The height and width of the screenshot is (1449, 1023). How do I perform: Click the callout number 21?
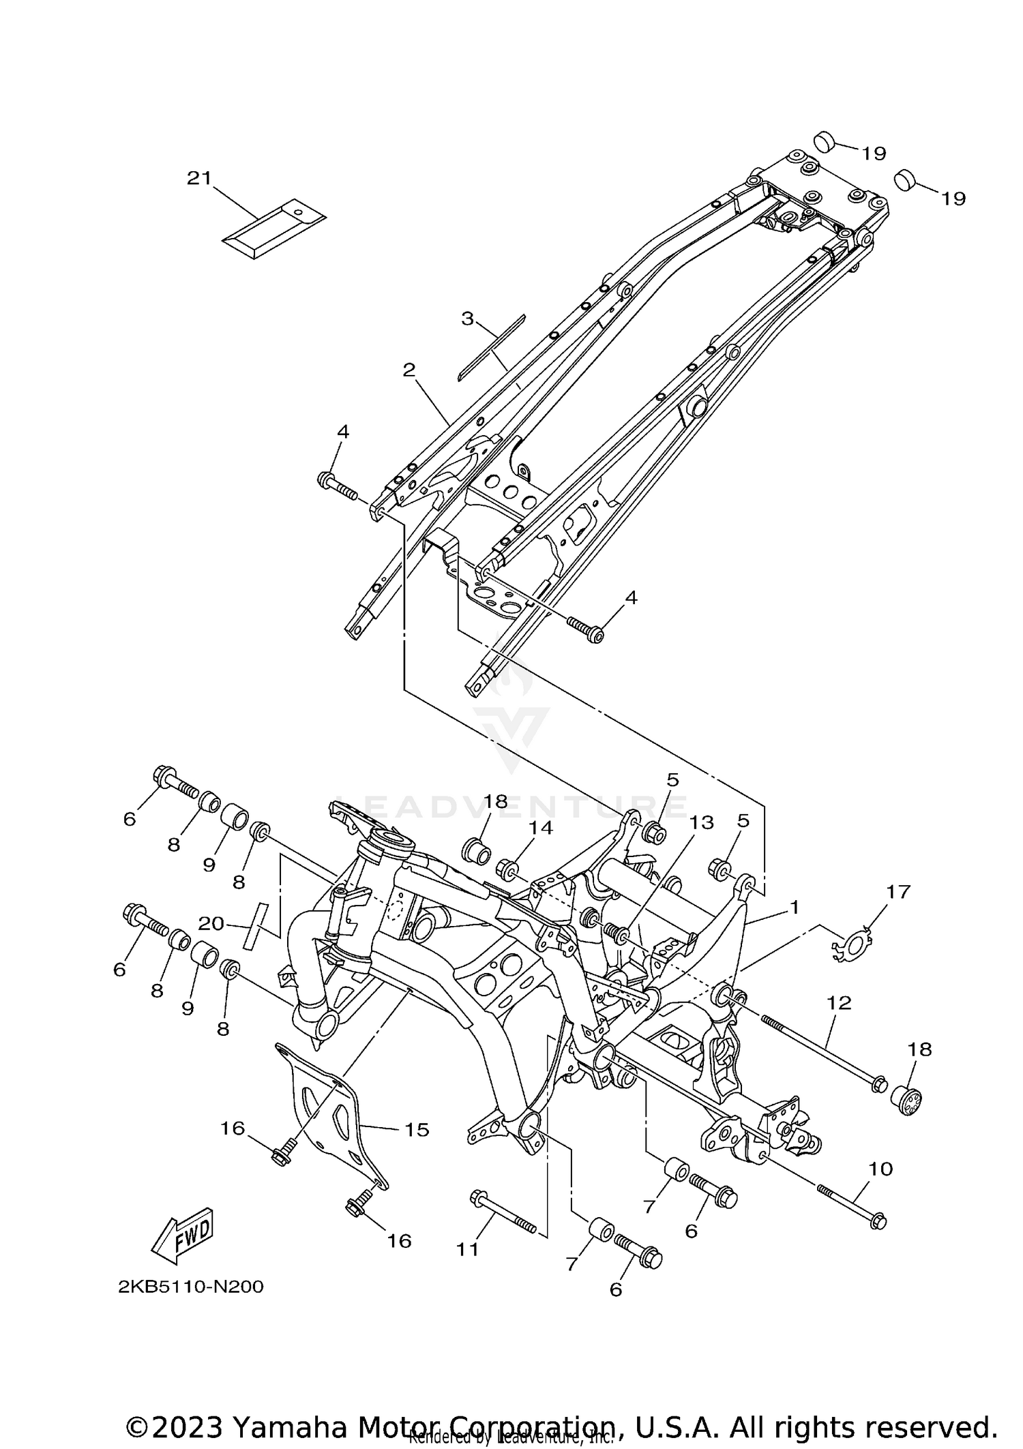coord(199,178)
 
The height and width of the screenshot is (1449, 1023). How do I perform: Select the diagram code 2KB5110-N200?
coord(190,1287)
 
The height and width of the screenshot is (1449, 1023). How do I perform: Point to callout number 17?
coord(898,891)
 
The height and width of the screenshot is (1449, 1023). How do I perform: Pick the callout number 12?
coord(840,1002)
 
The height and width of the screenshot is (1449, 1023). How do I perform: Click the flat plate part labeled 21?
coord(274,228)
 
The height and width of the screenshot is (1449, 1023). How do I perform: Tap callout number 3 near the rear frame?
coord(467,318)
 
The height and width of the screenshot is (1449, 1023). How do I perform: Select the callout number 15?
coord(417,1130)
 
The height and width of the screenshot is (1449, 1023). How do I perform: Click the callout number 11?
coord(468,1249)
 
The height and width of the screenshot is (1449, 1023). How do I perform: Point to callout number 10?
coord(880,1169)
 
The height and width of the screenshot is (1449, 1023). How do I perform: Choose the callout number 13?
coord(701,822)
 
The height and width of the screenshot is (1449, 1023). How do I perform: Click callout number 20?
coord(211,923)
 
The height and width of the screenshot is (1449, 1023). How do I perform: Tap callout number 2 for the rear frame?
coord(409,370)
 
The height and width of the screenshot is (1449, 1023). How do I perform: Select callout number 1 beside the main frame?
coord(794,906)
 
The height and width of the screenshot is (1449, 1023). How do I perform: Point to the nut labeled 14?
coord(507,869)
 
